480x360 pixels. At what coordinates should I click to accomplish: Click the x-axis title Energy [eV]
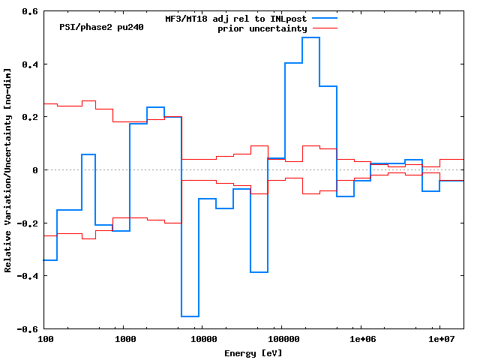253,352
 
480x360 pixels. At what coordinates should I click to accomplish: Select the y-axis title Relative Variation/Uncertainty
8,170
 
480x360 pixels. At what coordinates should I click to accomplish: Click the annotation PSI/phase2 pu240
101,27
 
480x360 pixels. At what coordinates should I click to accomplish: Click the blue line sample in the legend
320,18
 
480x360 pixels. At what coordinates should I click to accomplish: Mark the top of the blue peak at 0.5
310,37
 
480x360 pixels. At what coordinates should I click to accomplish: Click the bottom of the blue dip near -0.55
190,316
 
